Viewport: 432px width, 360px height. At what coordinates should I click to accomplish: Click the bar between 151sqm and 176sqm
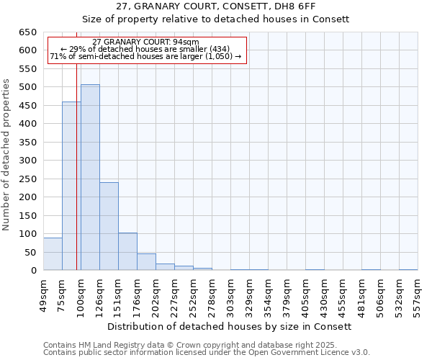(x=127, y=251)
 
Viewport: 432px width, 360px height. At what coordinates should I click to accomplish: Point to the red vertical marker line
(x=76, y=180)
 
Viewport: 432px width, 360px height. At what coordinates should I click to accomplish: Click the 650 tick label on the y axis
(x=28, y=32)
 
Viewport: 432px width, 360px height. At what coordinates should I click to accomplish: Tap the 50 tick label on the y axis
(x=31, y=253)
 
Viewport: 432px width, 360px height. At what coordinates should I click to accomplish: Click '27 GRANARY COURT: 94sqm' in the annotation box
(x=146, y=42)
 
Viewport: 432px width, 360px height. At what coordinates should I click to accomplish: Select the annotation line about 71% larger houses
(x=146, y=57)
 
